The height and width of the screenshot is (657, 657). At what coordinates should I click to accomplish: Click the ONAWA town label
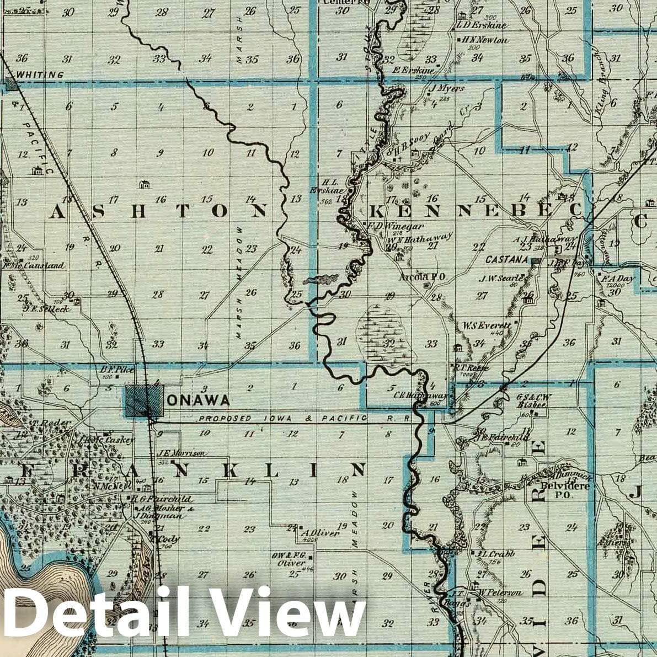click(x=197, y=400)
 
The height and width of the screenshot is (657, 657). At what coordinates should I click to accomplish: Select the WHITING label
click(x=40, y=74)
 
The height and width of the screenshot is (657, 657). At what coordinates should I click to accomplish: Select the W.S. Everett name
click(x=487, y=325)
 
